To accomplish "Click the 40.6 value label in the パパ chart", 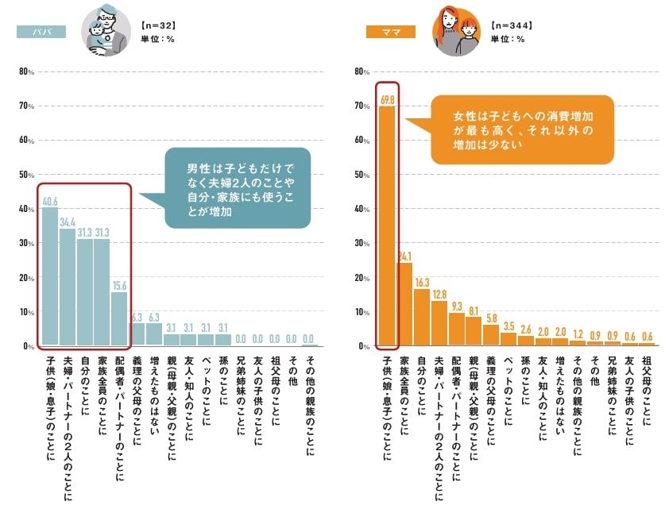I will [49, 201].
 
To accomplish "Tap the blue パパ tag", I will [41, 32].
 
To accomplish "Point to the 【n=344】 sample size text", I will [512, 25].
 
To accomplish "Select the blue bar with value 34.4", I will [67, 287].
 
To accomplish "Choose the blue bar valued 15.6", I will [119, 318].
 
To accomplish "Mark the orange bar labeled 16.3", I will [422, 318].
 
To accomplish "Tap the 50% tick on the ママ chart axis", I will [361, 175].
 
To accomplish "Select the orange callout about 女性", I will [521, 129].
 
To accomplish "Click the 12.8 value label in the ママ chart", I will [439, 295].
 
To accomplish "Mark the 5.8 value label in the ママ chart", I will [492, 318].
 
